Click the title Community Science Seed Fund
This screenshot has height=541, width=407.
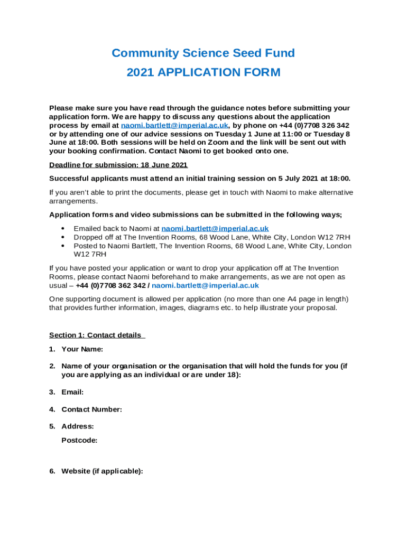[203, 53]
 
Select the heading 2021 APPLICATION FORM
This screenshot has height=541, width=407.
[203, 72]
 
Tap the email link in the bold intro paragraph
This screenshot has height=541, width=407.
[174, 125]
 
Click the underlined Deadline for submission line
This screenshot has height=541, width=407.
[118, 164]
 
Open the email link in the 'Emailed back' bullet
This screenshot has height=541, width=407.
[215, 228]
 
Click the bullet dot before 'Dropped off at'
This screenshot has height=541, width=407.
[63, 237]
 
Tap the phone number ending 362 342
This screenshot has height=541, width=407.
[110, 285]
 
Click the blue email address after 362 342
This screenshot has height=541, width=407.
[205, 285]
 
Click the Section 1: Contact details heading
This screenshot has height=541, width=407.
[96, 335]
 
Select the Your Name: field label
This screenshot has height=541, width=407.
[82, 349]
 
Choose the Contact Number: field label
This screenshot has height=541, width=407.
[91, 409]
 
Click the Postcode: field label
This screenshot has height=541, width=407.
[79, 440]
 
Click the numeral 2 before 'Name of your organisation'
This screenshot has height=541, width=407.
[52, 366]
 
